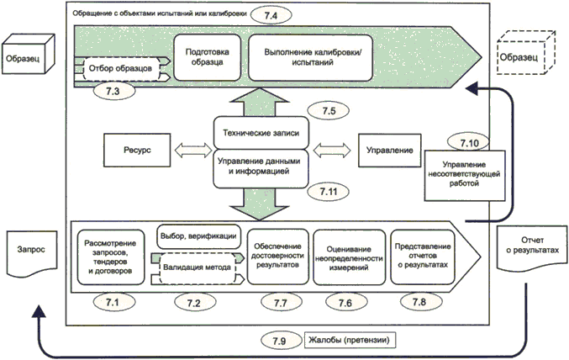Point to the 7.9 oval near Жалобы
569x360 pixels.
[x=279, y=341]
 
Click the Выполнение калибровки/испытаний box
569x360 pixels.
[x=313, y=58]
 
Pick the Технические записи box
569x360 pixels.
[x=256, y=134]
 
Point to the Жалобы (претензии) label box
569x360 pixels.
[x=352, y=341]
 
